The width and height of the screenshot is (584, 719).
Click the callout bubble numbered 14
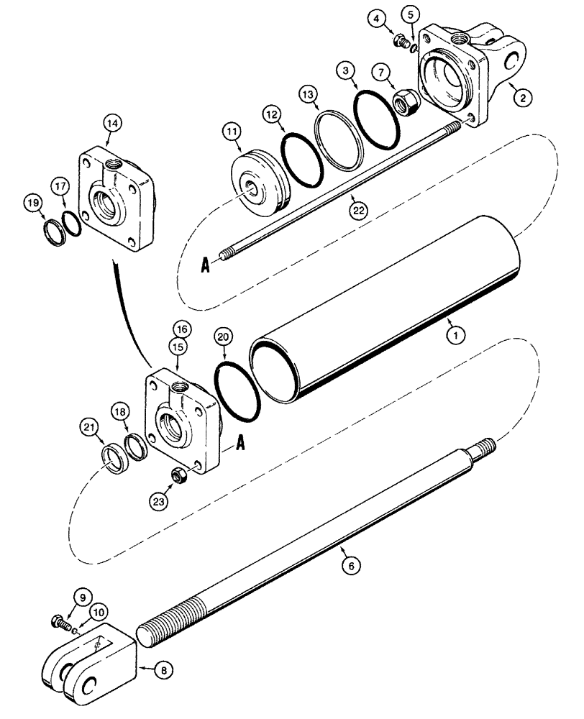point(112,124)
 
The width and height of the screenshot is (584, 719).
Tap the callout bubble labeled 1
point(452,334)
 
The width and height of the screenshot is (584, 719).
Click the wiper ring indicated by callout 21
point(115,459)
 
